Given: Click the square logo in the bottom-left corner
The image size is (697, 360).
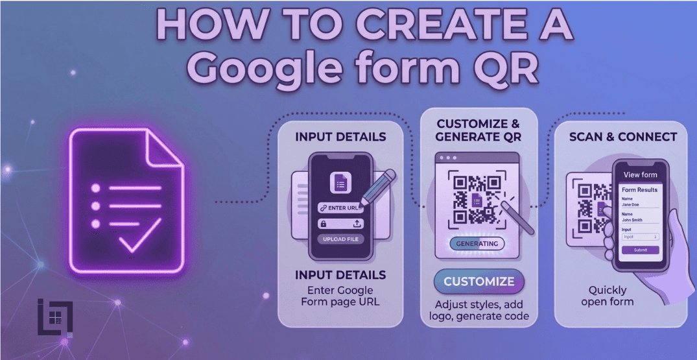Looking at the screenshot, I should tap(54, 317).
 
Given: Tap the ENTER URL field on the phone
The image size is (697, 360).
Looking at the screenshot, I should tap(340, 208).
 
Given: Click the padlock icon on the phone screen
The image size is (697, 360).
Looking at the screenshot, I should tap(322, 223).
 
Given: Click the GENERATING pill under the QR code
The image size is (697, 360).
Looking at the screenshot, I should tap(477, 243).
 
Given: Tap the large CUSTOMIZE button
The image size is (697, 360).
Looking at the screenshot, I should tap(478, 282).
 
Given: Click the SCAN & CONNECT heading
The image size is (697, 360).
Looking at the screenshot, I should tap(622, 137).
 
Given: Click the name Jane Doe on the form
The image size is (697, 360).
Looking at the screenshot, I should tap(631, 205).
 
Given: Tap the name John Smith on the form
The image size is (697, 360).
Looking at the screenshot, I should tap(632, 220).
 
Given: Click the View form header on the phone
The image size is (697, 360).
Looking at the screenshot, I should tap(640, 174).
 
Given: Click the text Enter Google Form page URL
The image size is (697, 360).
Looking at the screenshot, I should tap(340, 296).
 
